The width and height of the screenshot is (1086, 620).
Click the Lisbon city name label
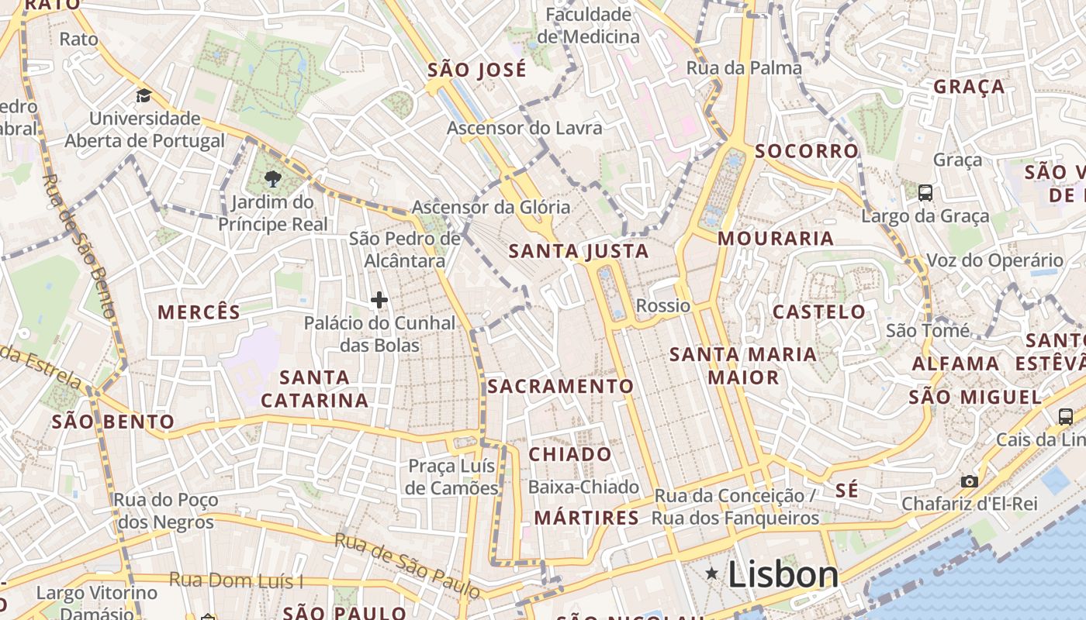pos(783,574)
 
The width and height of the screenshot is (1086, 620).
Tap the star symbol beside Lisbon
pos(711,573)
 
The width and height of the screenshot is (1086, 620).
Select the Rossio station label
pos(662,305)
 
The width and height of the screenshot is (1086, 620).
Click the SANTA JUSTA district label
pos(578,251)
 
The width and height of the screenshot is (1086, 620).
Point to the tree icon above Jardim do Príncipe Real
pos(272,180)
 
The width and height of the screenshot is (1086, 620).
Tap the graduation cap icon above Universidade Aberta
pos(144,96)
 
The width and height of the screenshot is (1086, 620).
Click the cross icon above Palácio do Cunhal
pos(379,300)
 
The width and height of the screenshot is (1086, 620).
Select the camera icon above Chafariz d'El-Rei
pos(969,481)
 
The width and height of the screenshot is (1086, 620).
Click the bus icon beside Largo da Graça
pos(925,193)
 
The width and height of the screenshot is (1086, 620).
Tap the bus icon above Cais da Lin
pos(1066,416)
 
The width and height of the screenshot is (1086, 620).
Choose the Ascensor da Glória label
pos(490,207)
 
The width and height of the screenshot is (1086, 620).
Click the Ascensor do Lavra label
pos(524,128)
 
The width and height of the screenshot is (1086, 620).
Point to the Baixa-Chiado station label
pos(583,487)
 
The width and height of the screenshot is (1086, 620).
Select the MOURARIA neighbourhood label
pos(775,238)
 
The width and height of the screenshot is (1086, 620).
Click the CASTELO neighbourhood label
pos(818,312)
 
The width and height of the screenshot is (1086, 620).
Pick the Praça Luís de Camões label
pos(452,477)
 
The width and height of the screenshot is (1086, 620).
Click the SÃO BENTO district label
pos(113,422)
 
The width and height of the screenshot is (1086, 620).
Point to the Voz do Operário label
pos(994,260)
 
